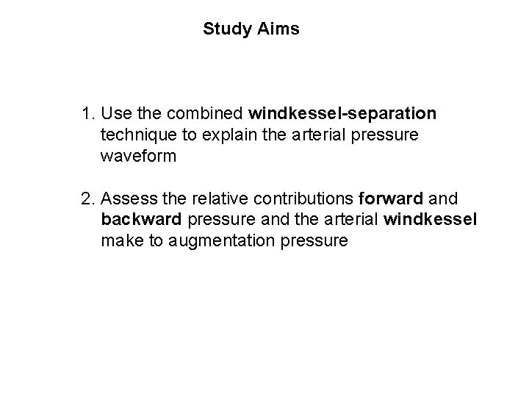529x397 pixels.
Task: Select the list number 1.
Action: (88, 115)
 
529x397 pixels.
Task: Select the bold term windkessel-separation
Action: (342, 115)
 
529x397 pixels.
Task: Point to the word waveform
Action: (136, 156)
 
